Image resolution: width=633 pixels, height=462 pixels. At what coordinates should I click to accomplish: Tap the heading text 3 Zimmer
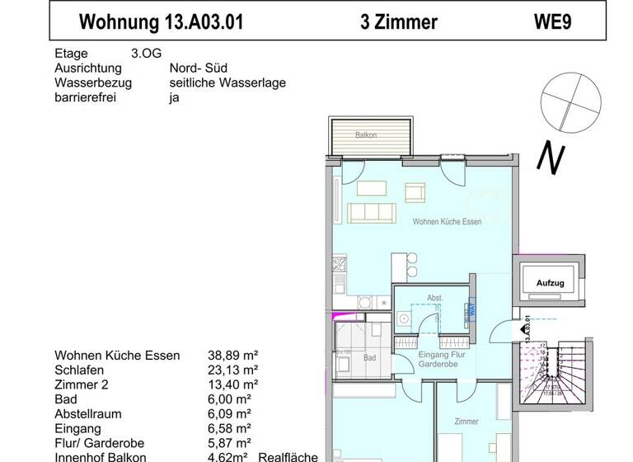[399, 22]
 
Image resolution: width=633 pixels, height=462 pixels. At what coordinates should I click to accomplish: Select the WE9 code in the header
[553, 22]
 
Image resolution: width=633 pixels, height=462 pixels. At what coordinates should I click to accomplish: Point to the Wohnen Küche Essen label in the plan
[447, 222]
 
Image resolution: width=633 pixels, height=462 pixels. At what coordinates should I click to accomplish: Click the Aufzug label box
[550, 283]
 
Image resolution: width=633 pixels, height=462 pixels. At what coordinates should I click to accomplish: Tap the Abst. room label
[434, 298]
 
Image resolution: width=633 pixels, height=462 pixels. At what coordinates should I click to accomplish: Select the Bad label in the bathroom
[369, 358]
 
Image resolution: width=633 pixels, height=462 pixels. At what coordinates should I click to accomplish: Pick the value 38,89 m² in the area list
[233, 356]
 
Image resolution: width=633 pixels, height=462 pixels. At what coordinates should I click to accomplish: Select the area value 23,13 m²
[233, 370]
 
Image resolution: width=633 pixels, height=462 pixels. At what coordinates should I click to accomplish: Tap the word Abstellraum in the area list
[87, 414]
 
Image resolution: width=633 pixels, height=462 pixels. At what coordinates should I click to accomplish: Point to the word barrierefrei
[85, 97]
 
